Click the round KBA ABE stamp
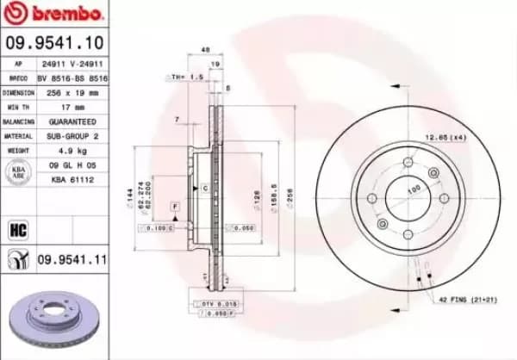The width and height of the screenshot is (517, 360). point(17,172)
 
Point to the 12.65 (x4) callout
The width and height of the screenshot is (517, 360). point(445,138)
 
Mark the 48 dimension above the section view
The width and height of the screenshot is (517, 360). point(205,50)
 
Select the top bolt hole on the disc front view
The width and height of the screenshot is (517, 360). point(408,162)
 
